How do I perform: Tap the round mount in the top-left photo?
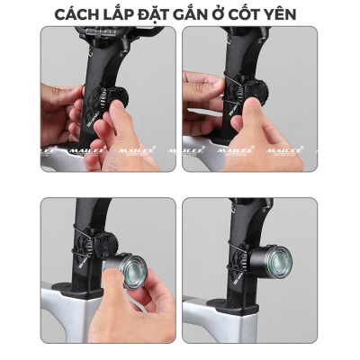[x=116, y=99]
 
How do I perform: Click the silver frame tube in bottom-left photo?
[x=67, y=319]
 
